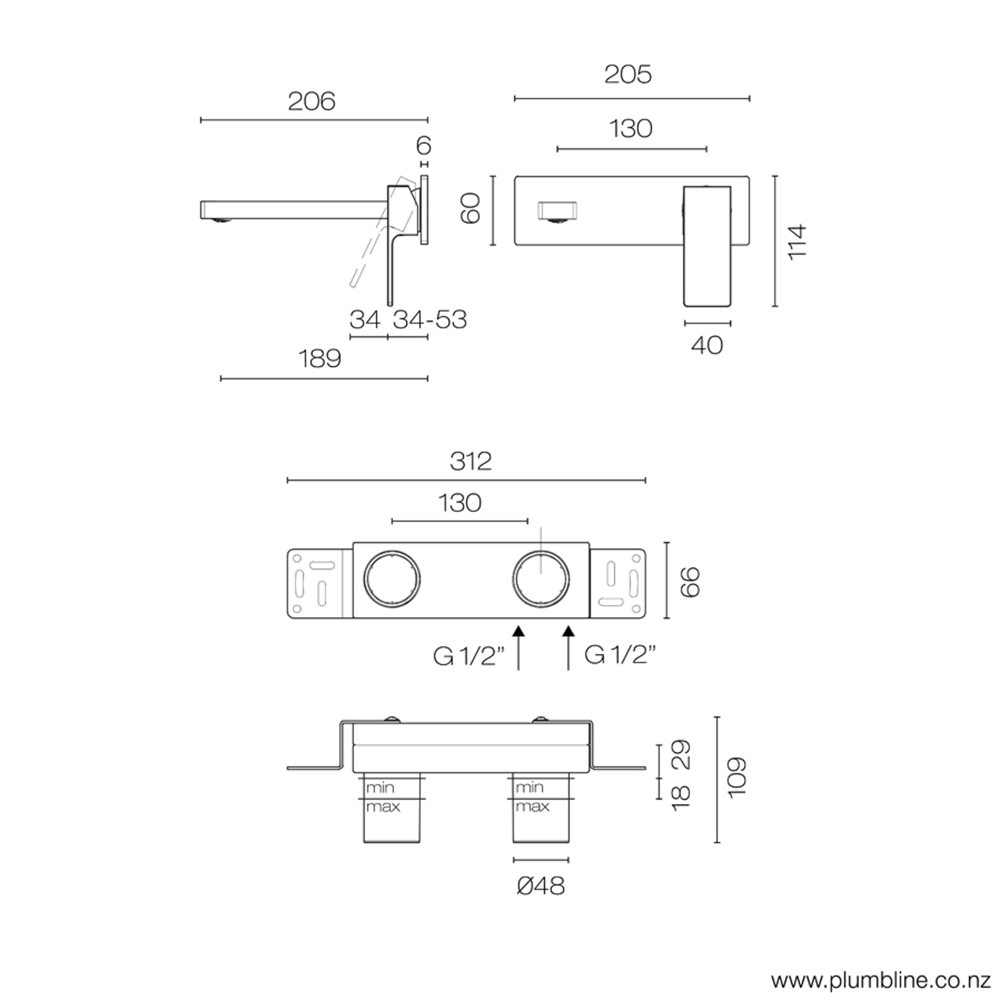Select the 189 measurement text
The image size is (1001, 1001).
tap(320, 358)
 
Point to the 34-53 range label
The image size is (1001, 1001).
tap(430, 320)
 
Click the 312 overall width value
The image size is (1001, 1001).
tap(471, 461)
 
